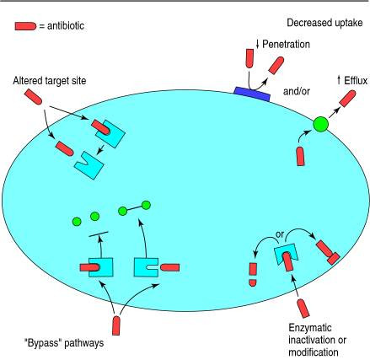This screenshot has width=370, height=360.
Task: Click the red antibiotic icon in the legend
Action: click(x=25, y=26)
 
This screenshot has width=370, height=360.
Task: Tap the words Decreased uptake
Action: click(x=324, y=23)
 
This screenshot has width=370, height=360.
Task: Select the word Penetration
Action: click(x=286, y=44)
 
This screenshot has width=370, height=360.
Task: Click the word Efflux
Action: click(x=356, y=81)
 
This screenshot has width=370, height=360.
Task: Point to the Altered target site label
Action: click(x=50, y=81)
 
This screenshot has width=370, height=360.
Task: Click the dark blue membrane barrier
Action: click(x=252, y=94)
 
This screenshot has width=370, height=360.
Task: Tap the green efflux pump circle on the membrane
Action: click(x=320, y=124)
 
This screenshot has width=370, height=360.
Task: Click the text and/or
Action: click(x=297, y=91)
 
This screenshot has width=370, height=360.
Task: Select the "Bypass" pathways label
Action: click(x=64, y=343)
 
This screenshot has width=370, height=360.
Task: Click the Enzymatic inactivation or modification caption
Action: click(x=317, y=340)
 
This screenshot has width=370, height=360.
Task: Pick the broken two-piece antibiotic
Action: click(x=253, y=275)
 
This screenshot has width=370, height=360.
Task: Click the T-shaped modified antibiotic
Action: click(x=328, y=252)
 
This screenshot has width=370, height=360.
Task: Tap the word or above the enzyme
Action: click(x=280, y=234)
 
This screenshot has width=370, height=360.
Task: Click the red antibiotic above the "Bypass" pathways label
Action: click(x=116, y=325)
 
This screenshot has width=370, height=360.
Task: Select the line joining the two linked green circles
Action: click(x=134, y=208)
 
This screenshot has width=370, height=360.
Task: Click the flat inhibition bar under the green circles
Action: click(x=99, y=234)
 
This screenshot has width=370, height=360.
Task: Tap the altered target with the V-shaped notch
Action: click(x=89, y=165)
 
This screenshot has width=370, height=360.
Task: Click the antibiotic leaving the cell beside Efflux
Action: click(x=347, y=99)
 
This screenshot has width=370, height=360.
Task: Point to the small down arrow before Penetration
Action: click(x=257, y=44)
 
